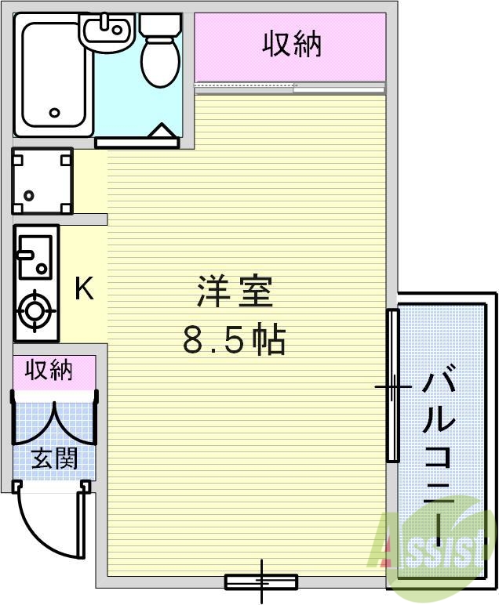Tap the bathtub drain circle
click(x=54, y=113)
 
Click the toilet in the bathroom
click(x=161, y=51)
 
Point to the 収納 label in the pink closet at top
click(x=291, y=45)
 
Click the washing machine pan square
click(x=42, y=181)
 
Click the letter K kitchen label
click(x=84, y=289)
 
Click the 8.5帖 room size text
click(x=233, y=340)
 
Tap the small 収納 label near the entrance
click(x=49, y=369)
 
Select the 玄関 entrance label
click(x=54, y=458)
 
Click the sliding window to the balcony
click(x=392, y=386)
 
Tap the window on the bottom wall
click(x=261, y=581)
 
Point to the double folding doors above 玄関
click(x=54, y=423)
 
